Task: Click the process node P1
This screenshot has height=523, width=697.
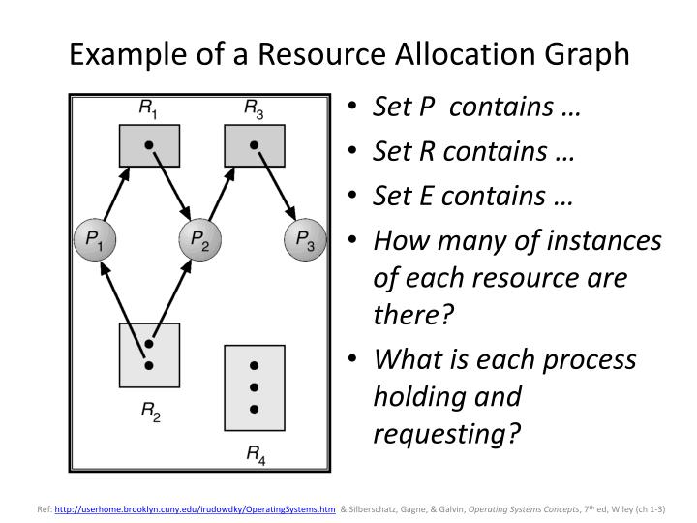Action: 96,240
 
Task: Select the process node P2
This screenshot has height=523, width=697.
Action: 199,240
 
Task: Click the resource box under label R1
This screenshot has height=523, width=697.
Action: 148,144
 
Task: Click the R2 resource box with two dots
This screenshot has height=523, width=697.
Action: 148,354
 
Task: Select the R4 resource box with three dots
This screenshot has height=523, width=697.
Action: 253,386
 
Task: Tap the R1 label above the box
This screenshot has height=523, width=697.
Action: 148,109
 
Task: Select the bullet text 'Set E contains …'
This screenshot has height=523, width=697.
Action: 473,197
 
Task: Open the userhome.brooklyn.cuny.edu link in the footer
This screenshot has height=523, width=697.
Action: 196,507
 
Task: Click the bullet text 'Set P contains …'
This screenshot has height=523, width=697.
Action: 476,108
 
